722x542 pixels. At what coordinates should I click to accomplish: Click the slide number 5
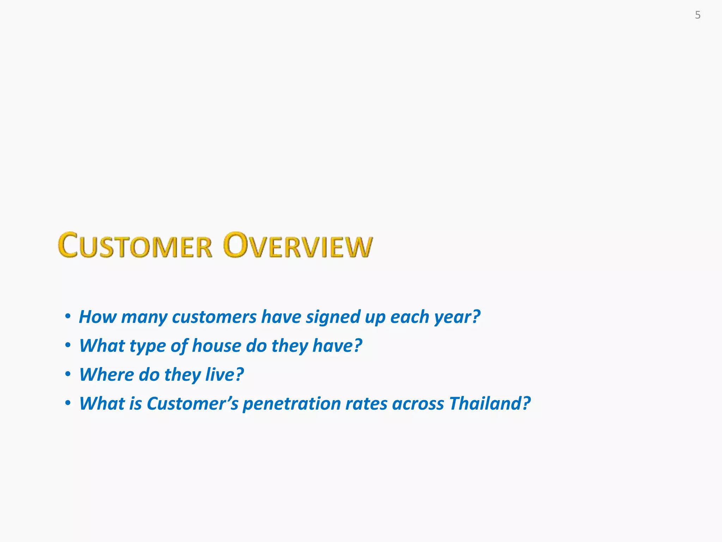(x=697, y=15)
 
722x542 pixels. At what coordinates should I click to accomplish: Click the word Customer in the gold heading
(x=135, y=246)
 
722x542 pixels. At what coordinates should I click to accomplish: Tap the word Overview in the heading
(x=298, y=246)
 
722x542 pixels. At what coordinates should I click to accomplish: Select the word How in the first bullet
(x=98, y=317)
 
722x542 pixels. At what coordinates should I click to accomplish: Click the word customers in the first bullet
(x=214, y=317)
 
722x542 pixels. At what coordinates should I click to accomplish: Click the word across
(x=418, y=403)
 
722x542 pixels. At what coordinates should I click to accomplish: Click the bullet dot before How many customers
(x=68, y=316)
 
